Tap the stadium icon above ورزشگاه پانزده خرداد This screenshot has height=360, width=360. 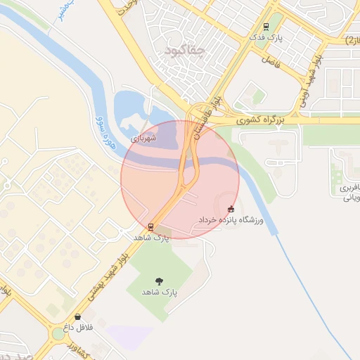point(231,209)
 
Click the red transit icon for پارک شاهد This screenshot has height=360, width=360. point(150,227)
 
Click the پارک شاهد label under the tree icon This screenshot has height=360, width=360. point(160,291)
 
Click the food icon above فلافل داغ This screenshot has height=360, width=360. point(77,317)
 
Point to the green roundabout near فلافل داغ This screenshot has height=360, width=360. point(58,334)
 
